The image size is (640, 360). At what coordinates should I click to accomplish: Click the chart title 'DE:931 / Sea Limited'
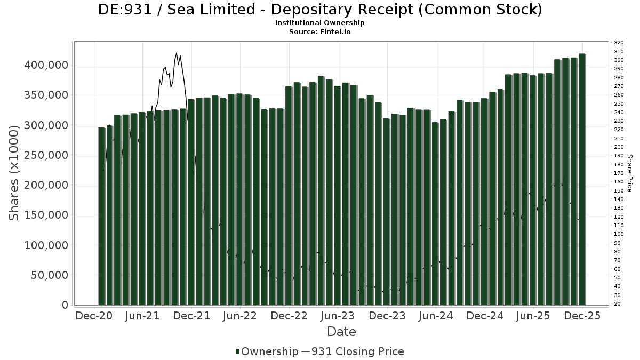click(x=320, y=10)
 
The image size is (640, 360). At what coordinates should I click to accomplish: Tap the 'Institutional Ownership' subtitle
click(x=319, y=23)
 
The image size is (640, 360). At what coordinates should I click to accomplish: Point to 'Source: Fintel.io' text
click(x=319, y=31)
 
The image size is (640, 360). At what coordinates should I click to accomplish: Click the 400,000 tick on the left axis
click(x=47, y=65)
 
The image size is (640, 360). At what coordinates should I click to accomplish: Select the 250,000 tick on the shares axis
click(x=47, y=155)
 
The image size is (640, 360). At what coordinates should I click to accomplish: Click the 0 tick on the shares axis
click(x=65, y=305)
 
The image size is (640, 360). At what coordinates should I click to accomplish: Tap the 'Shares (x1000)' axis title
click(x=15, y=173)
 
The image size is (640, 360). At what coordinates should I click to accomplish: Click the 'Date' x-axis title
click(x=341, y=332)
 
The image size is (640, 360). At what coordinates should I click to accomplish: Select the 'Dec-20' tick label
click(x=94, y=316)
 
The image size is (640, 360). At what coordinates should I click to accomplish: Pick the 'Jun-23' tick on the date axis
click(x=337, y=316)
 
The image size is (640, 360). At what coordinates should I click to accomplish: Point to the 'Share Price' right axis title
click(x=629, y=173)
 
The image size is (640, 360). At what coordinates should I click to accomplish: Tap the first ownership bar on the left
click(x=101, y=216)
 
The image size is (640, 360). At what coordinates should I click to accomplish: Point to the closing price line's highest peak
click(x=177, y=53)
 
